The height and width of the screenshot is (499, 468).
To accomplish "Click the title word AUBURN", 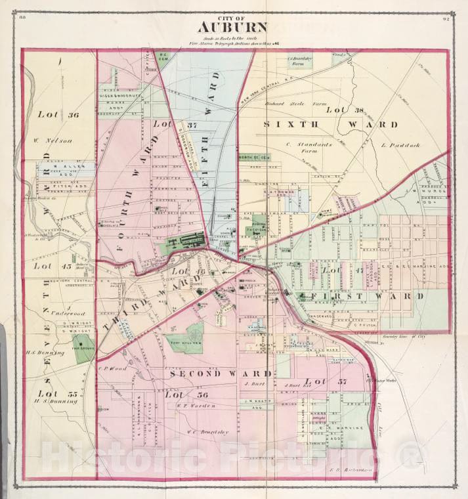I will (x=234, y=28).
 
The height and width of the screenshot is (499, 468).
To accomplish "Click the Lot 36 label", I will (x=58, y=114).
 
